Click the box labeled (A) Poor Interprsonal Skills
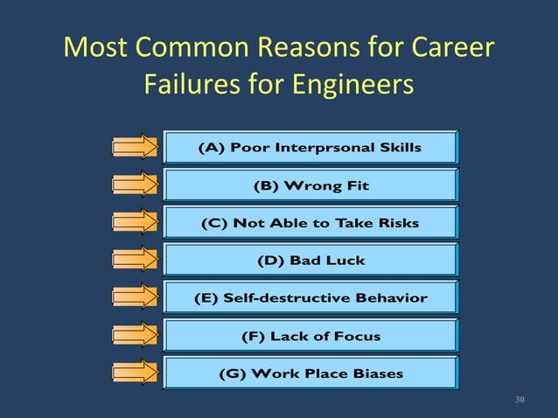click(x=310, y=147)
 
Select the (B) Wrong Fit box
click(x=310, y=185)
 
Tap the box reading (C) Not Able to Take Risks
click(x=310, y=223)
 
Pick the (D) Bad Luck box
click(x=310, y=261)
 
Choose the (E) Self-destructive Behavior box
click(x=310, y=298)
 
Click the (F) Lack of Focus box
click(x=310, y=336)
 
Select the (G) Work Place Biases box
click(x=310, y=373)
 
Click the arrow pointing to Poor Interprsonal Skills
click(x=135, y=147)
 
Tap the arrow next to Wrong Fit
click(x=135, y=185)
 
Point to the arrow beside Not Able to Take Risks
click(x=135, y=223)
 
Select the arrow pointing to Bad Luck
click(x=135, y=261)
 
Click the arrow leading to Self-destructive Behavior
click(x=135, y=298)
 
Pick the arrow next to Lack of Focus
click(x=135, y=336)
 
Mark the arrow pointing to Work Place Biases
click(x=135, y=373)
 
